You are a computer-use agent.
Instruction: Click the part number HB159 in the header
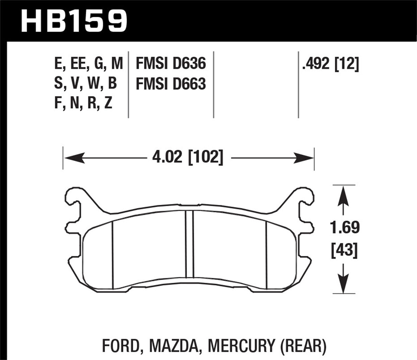coord(74,20)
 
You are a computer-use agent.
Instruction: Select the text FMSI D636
coord(171,64)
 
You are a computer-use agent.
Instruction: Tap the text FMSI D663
coord(171,84)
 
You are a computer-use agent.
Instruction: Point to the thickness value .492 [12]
coord(330,64)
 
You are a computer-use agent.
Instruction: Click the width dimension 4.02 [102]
coord(188,158)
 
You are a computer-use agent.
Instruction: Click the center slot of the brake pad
coord(189,244)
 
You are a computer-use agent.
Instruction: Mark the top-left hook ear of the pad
coord(74,197)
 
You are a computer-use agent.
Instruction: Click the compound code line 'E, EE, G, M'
coord(88,64)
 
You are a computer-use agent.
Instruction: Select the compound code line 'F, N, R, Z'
coord(83,104)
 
